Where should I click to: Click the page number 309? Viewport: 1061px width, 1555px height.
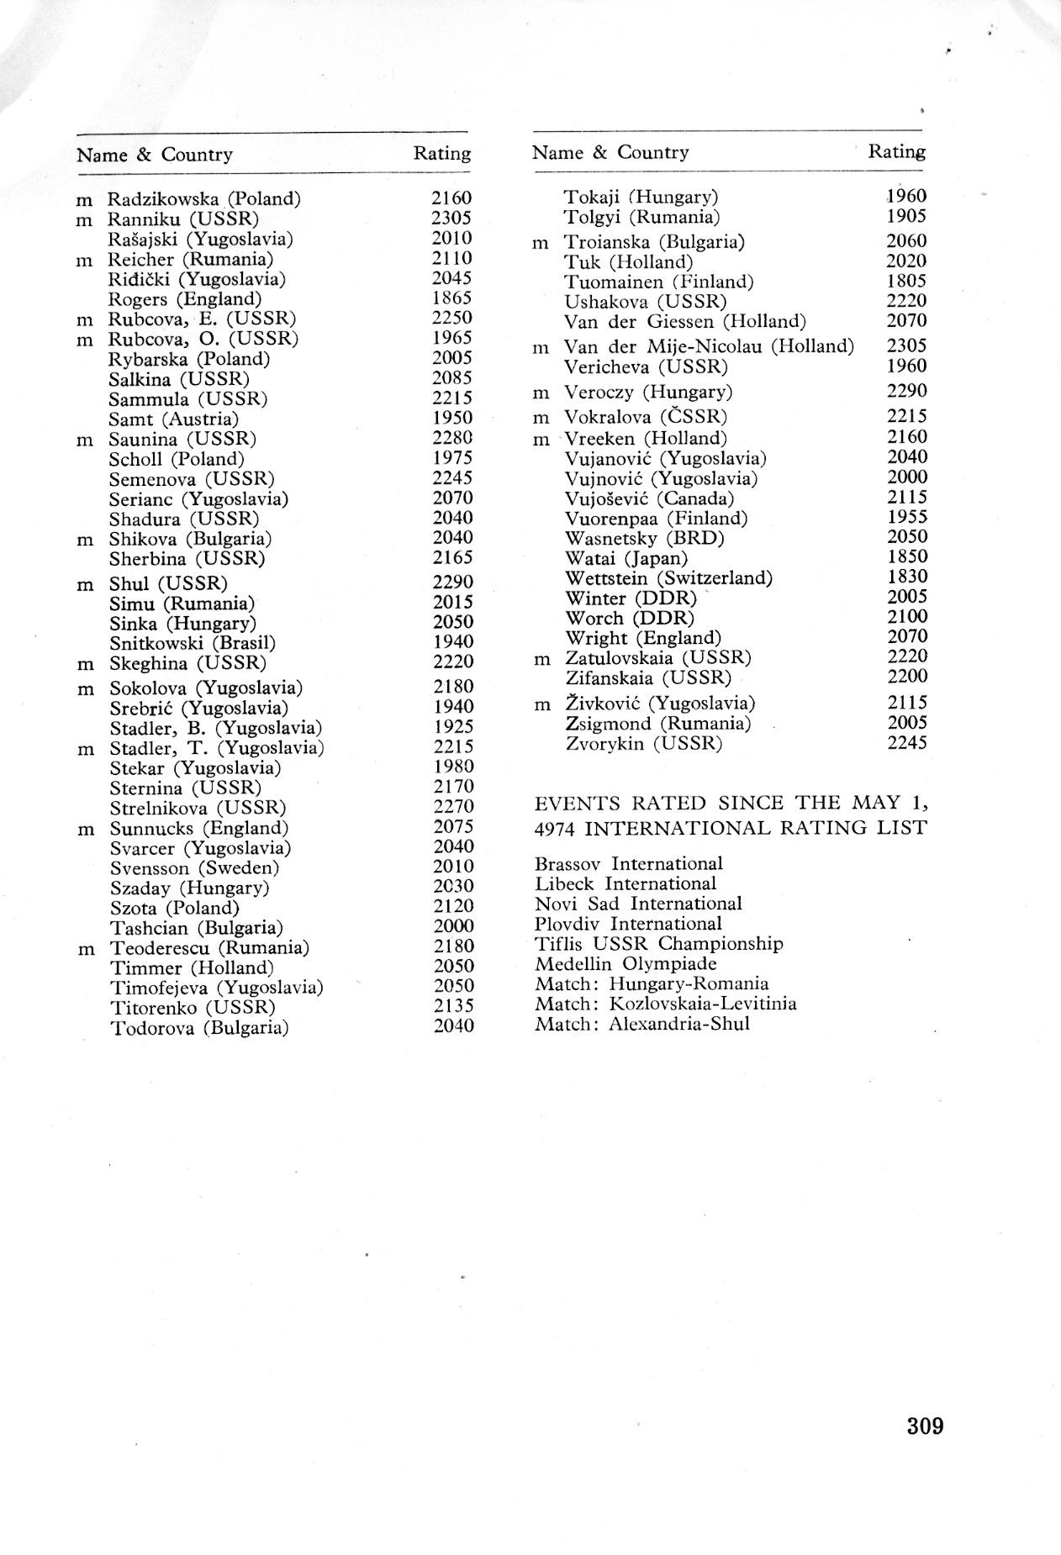925,1426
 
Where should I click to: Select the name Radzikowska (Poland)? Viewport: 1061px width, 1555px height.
203,199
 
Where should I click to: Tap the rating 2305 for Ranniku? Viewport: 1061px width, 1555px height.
451,219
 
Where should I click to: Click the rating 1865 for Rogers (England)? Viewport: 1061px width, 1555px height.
451,298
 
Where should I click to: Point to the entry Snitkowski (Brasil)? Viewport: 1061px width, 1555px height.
193,643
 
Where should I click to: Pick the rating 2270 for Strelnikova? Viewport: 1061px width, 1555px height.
453,807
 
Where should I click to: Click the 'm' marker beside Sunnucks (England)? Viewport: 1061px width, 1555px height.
85,830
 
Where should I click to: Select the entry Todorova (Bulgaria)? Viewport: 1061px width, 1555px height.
199,1028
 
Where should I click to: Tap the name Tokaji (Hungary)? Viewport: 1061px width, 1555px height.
641,198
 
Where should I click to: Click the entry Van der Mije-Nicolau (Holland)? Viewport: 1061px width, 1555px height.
709,346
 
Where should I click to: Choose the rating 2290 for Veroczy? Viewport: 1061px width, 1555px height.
907,391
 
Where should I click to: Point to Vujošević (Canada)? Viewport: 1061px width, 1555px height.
649,498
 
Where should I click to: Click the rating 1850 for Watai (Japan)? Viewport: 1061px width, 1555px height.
907,556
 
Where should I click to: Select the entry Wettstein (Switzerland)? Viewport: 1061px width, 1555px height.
668,578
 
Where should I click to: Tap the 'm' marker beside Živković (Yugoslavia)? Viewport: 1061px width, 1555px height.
542,705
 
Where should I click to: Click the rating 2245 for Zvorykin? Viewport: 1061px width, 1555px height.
907,743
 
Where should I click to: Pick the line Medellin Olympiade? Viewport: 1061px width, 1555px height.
626,963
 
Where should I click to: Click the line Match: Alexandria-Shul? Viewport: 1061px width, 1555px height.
641,1024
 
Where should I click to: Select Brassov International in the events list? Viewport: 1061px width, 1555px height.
628,863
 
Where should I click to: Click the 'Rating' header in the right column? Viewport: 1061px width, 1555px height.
896,152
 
